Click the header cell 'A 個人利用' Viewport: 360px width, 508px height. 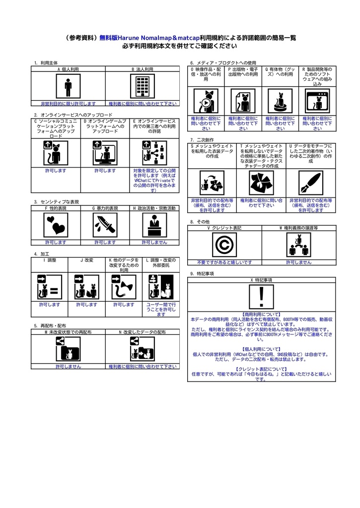(68, 69)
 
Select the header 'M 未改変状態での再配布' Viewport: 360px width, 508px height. (68, 331)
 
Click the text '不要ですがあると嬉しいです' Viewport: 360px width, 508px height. (224, 262)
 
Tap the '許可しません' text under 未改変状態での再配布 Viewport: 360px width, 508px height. (68, 367)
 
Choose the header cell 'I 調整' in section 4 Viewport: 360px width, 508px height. (50, 260)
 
